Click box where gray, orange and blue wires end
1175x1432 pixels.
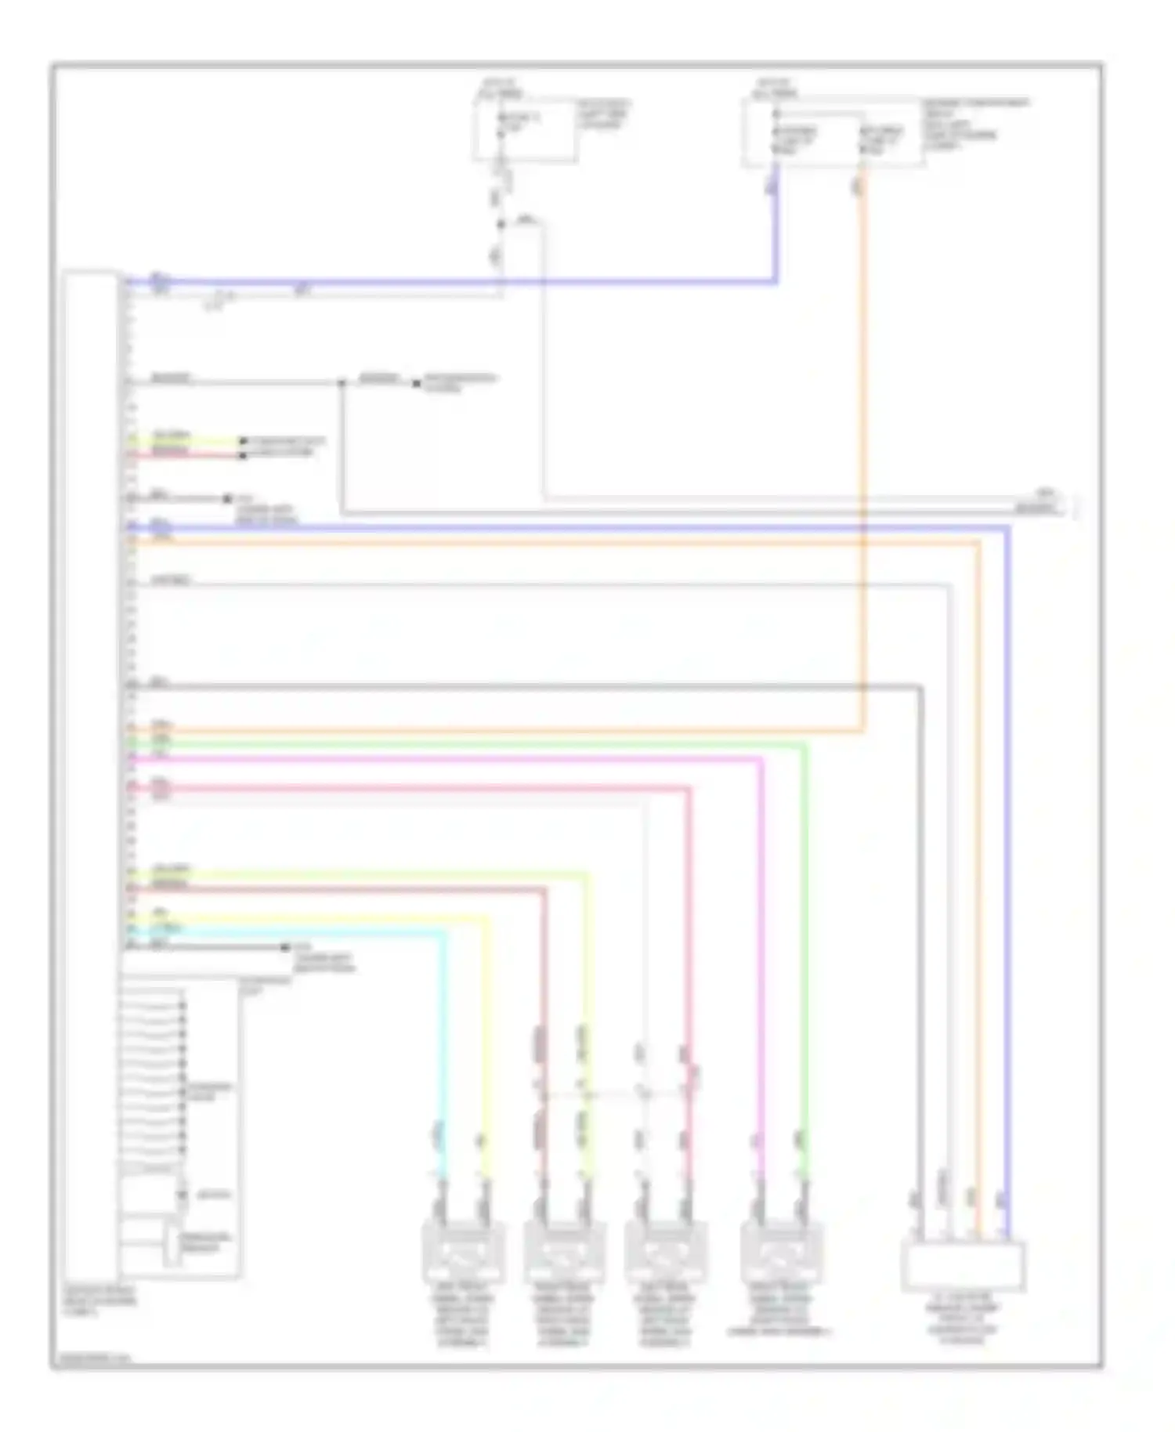[x=963, y=1266]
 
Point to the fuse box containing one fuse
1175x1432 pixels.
[x=524, y=130]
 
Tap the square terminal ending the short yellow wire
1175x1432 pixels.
[x=244, y=442]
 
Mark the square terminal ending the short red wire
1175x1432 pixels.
[x=244, y=455]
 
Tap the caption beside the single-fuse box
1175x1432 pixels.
[x=603, y=114]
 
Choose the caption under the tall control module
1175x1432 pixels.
[x=100, y=1301]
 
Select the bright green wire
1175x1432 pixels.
[x=804, y=940]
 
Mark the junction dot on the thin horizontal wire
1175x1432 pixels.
[x=342, y=383]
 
